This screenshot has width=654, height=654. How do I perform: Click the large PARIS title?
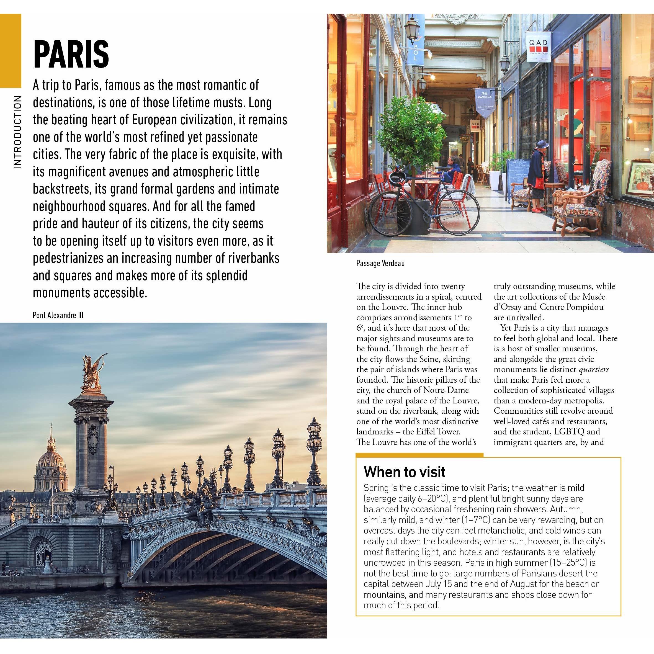71,54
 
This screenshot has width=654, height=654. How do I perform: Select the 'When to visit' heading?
404,472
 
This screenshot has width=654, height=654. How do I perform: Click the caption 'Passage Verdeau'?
380,263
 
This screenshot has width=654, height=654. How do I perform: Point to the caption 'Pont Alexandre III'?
58,315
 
